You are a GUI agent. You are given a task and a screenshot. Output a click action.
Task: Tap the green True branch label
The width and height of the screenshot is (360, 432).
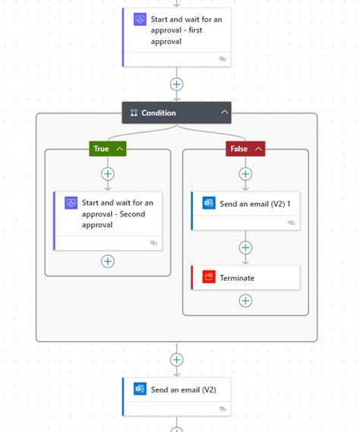tap(102, 149)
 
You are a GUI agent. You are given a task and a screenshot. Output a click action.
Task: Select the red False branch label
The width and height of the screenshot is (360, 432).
tap(238, 149)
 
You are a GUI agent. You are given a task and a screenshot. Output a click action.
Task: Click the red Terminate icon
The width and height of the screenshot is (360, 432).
tap(209, 278)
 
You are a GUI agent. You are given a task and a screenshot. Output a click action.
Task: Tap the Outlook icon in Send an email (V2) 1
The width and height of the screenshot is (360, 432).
tap(209, 203)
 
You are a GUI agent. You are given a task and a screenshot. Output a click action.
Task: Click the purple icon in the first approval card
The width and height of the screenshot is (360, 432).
tap(140, 20)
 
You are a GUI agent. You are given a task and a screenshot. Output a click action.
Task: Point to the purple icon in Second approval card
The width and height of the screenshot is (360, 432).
tap(71, 203)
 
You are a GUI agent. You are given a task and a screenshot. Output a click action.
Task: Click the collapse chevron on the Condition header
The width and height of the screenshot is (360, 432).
tap(224, 113)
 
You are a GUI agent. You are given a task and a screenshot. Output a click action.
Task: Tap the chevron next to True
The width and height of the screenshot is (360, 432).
tap(119, 149)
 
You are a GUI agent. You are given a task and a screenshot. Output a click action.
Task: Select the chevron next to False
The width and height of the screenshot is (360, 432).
tap(259, 149)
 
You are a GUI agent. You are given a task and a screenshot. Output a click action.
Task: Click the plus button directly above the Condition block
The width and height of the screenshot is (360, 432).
tap(177, 84)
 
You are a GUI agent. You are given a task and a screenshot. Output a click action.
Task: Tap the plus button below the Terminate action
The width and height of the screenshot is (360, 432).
tap(245, 301)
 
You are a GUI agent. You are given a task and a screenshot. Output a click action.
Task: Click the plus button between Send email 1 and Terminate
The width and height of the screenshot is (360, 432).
tap(245, 248)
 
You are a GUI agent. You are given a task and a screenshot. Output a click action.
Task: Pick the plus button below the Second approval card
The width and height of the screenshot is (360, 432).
tap(108, 261)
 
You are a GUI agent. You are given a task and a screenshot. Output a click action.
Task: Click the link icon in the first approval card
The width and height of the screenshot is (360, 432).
tap(223, 58)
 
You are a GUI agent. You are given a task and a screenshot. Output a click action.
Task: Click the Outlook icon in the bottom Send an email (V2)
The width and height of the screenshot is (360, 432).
tap(140, 389)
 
